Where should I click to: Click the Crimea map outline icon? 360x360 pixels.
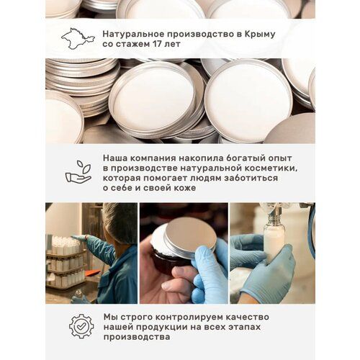[x=78, y=38]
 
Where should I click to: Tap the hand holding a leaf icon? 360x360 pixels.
[x=78, y=172]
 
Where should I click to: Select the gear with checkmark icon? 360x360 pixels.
[x=81, y=326]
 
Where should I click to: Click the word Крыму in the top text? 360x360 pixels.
[x=260, y=35]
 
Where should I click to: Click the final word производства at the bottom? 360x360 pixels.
[x=137, y=337]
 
